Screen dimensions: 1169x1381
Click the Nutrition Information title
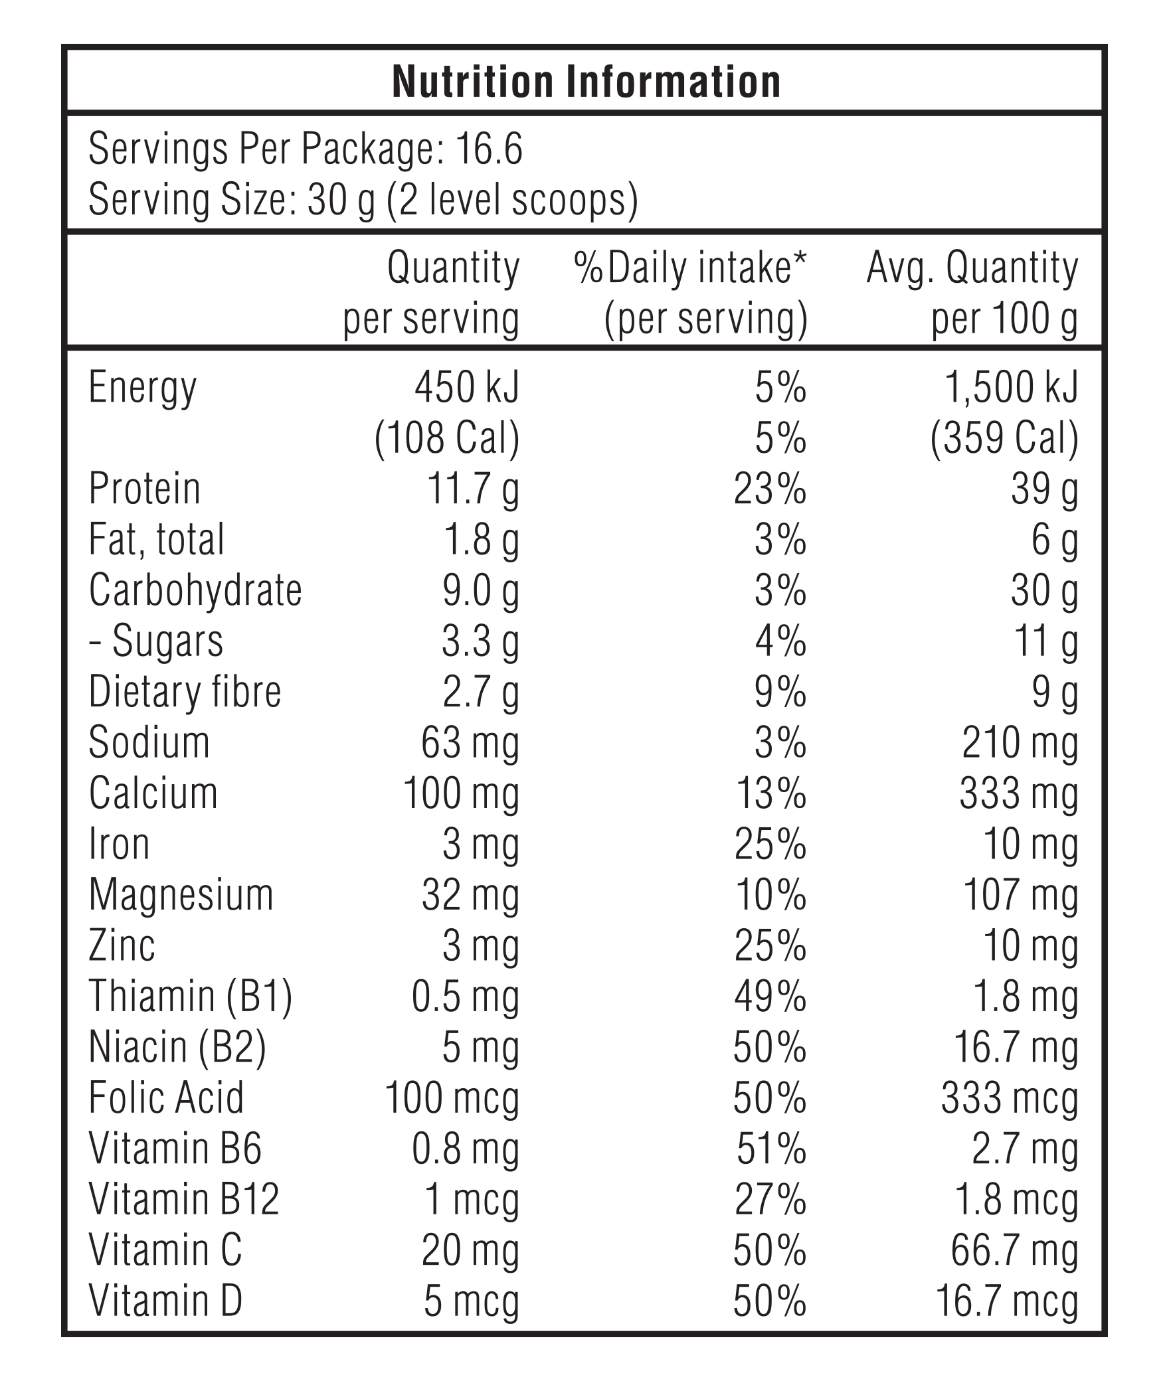[586, 82]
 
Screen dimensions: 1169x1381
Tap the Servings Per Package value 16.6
[490, 149]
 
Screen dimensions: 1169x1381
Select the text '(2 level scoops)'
[512, 200]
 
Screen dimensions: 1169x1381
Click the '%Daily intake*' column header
[690, 268]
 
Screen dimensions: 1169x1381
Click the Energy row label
[143, 389]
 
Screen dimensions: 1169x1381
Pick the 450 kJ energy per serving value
[467, 387]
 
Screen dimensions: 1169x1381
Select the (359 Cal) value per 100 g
[1004, 439]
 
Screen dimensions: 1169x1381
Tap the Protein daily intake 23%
[770, 489]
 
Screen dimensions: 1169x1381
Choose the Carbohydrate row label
[195, 590]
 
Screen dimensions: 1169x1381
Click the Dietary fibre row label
[185, 691]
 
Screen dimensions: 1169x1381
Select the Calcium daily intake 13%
[772, 793]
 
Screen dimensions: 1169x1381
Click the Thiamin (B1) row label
[191, 997]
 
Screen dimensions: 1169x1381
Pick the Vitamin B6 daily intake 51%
[772, 1149]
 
